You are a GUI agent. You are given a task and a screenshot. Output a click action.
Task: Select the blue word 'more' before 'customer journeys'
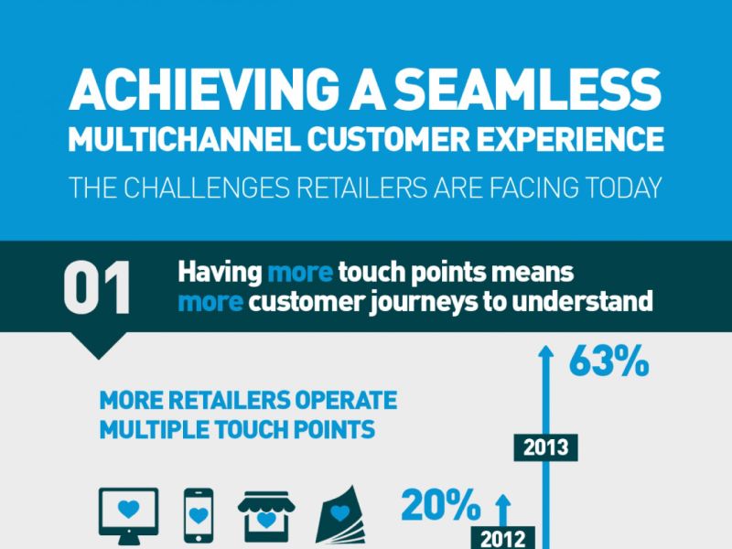tap(210, 302)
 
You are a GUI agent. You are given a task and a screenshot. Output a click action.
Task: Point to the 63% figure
tap(608, 362)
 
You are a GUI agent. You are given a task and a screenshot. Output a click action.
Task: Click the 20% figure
tap(440, 505)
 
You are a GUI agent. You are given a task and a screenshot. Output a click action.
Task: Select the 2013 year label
tap(546, 447)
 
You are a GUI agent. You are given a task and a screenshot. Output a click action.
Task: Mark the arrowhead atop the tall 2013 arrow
tap(546, 351)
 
